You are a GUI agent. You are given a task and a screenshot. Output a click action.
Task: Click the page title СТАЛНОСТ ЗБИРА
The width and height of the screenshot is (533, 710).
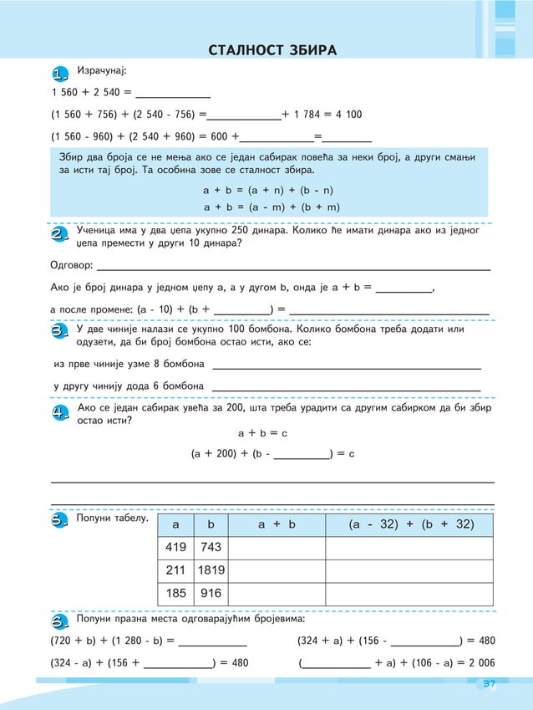pos(272,51)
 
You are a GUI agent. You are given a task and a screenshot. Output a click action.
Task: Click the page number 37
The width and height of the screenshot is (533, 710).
pos(489,685)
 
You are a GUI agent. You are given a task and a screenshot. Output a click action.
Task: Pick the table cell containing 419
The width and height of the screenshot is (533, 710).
pos(175,547)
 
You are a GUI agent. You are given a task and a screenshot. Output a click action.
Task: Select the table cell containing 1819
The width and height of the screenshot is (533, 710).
pos(211,570)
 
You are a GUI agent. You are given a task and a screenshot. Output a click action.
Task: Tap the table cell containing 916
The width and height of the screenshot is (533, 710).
pos(211,593)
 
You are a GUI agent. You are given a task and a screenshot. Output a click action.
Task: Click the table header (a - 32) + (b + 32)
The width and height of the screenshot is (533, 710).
pos(409,524)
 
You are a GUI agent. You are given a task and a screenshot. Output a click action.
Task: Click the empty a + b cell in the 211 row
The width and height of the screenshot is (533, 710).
pos(276,570)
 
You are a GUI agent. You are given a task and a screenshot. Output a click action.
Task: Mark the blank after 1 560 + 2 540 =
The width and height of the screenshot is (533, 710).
pos(172,92)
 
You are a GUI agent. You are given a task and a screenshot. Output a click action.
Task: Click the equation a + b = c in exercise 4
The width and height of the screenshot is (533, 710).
pos(262,433)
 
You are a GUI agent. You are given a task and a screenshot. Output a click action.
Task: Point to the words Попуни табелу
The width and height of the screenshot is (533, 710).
pos(112,519)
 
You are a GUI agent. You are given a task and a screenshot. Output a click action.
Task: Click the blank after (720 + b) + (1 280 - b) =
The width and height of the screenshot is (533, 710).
pos(213,641)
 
